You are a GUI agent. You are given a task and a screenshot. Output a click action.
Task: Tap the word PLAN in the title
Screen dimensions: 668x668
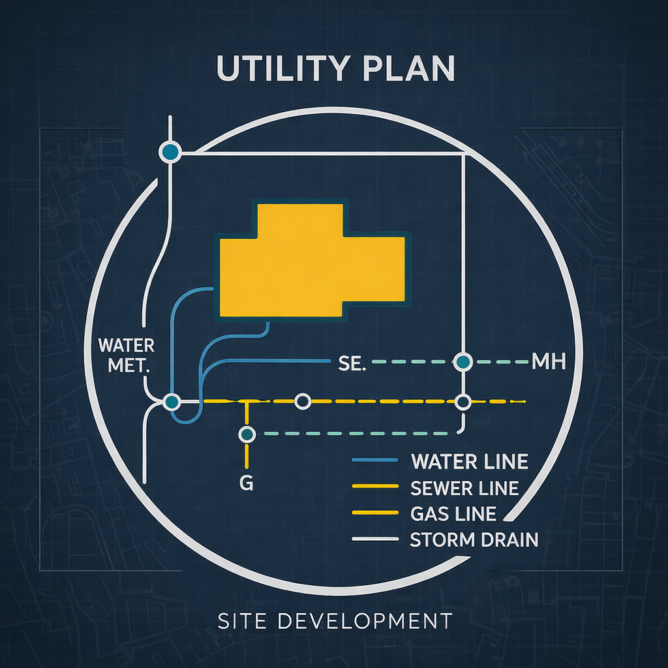410,68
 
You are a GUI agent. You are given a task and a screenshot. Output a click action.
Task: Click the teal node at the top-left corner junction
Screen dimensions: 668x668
169,152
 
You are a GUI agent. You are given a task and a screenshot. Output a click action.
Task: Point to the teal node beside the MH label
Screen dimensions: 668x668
463,361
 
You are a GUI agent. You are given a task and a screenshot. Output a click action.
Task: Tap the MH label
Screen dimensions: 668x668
548,361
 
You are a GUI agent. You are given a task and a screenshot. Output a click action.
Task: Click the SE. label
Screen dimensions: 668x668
350,363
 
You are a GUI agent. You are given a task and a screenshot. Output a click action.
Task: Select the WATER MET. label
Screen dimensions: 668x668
125,355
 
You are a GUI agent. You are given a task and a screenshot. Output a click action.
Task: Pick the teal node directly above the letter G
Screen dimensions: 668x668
246,433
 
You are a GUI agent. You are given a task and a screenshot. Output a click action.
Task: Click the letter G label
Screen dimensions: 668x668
247,484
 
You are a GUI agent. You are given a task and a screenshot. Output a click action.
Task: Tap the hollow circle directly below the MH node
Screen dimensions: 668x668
463,402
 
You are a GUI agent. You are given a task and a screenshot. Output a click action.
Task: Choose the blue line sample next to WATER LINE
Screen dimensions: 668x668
374,461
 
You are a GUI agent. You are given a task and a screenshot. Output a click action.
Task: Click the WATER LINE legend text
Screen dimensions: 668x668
470,462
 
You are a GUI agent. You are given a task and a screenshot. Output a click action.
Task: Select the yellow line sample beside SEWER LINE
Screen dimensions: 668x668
374,487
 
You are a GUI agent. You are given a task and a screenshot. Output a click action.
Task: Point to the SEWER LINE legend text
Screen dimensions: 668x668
465,487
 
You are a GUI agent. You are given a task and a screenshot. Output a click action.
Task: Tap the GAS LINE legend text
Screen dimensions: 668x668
454,513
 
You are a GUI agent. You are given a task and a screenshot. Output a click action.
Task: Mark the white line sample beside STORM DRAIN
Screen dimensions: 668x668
374,539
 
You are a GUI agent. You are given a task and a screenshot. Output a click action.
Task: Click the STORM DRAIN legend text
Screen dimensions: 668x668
474,539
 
